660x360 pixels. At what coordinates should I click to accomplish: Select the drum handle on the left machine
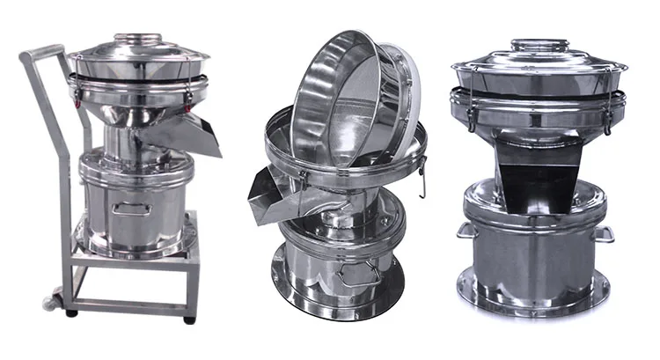[x=131, y=209]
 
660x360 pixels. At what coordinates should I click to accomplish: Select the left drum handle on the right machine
[x=463, y=230]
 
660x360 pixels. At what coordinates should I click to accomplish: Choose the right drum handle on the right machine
[x=605, y=233]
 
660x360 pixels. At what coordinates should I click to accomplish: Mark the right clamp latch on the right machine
[x=607, y=117]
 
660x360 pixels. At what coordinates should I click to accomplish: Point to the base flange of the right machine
[x=533, y=296]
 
